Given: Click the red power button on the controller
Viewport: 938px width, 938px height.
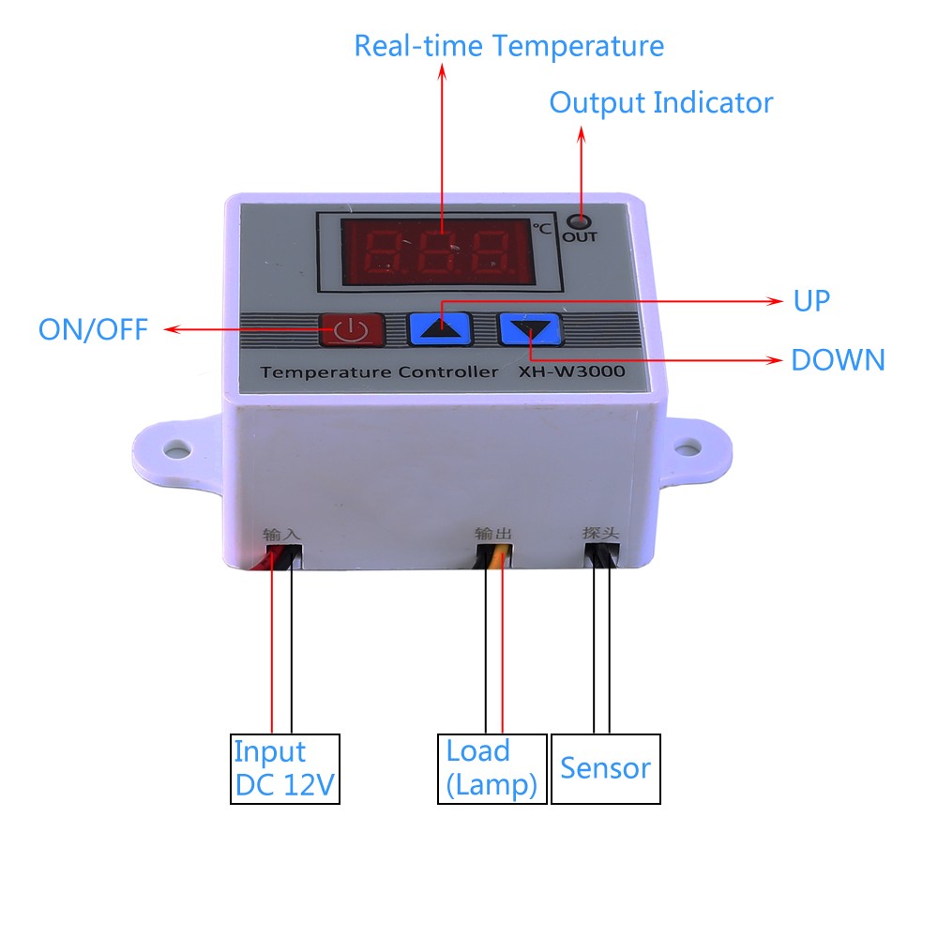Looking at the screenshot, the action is pos(351,329).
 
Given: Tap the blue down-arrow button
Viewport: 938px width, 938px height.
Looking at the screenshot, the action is pos(531,329).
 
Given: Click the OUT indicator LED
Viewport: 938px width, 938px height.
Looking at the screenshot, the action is pos(579,222).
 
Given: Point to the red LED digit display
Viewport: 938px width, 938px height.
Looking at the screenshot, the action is pos(438,250).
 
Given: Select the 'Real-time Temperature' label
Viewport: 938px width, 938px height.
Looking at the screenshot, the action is pos(509,46).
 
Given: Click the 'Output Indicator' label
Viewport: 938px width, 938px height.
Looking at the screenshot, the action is pos(661,102).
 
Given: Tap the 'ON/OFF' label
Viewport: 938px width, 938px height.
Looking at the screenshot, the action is pos(93,329).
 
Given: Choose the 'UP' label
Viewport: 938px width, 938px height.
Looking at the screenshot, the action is pos(811,301).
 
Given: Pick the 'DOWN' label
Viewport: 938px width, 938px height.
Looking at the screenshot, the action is pos(838,360).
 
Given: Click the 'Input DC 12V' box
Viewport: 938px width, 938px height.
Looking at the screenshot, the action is pos(285,769).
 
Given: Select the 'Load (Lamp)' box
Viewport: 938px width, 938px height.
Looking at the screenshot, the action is pos(492,769).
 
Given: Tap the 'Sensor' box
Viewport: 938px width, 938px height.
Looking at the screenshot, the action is pos(605,769).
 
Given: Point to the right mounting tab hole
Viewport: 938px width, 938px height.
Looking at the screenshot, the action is pos(688,446).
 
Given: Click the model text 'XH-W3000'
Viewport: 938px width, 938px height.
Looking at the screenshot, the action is pos(572,371).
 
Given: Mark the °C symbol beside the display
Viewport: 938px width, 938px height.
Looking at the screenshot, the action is pos(542,229).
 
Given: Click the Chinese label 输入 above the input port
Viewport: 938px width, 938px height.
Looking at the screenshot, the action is pos(281,535).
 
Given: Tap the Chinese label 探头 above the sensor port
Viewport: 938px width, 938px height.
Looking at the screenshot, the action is pos(600,533).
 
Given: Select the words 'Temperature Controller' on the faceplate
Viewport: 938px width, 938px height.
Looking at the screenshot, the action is pos(379,372).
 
